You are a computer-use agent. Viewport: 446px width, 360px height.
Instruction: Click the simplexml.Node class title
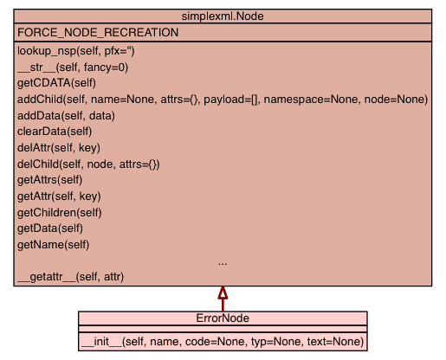click(x=223, y=16)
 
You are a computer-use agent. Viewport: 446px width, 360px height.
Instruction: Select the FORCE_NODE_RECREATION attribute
click(x=98, y=32)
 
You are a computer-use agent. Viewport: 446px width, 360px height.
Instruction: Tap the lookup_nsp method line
click(x=76, y=51)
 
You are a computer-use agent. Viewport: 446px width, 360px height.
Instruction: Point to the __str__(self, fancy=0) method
click(x=73, y=67)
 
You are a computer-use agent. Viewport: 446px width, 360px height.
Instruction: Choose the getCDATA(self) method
click(x=56, y=83)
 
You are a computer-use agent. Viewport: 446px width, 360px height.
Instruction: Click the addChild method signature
click(x=223, y=100)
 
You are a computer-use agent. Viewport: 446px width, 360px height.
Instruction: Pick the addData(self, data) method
click(x=66, y=116)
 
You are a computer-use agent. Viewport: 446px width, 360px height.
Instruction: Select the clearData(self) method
click(x=55, y=132)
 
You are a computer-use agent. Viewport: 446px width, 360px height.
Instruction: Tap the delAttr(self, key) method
click(x=59, y=148)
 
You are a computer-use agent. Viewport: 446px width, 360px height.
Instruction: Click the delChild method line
click(x=88, y=164)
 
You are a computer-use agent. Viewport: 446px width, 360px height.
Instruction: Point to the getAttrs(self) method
click(x=50, y=180)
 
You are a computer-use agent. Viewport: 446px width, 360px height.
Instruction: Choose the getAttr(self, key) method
click(x=59, y=196)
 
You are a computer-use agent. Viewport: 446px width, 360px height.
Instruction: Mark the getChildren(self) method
click(x=60, y=213)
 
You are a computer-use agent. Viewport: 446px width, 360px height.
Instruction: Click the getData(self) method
click(x=50, y=228)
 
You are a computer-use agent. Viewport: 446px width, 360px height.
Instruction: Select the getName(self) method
click(x=54, y=245)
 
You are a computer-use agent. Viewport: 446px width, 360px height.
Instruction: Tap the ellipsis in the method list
click(x=223, y=264)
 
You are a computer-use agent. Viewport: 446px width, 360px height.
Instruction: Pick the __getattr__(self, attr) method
click(x=71, y=277)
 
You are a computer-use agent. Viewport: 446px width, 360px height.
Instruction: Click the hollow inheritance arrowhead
click(x=223, y=292)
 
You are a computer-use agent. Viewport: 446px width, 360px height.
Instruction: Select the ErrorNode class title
click(x=223, y=318)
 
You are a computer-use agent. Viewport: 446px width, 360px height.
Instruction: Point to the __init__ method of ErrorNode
click(x=223, y=342)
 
